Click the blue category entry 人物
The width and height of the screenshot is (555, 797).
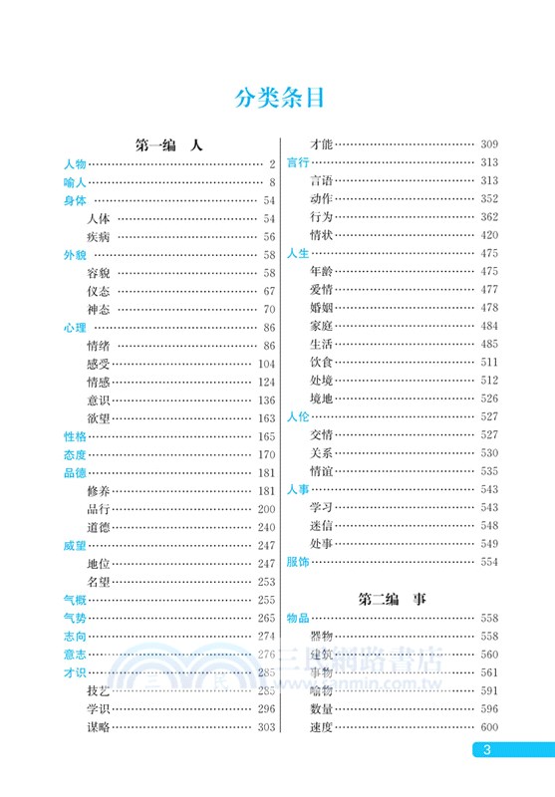74,164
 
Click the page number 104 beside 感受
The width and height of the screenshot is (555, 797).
265,364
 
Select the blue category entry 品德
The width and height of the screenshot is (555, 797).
74,473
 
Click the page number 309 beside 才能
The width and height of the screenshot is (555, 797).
488,145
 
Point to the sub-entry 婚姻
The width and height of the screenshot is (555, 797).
321,308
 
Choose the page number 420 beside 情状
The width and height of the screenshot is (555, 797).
488,235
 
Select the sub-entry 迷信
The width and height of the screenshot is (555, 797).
321,525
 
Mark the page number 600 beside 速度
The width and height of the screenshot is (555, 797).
488,726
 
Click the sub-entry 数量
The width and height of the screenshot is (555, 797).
321,708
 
